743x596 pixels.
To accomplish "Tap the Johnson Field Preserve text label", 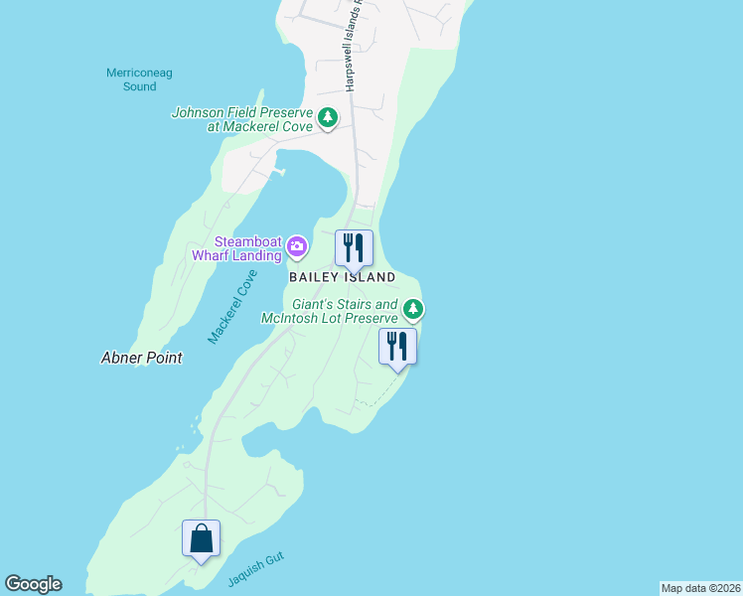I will tap(242, 120).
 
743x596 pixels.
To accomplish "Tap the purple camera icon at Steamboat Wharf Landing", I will tap(296, 245).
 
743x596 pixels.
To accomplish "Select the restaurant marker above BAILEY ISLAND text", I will tap(354, 248).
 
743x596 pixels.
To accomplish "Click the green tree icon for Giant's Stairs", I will tap(413, 310).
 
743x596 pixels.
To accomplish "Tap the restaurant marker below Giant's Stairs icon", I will tap(397, 347).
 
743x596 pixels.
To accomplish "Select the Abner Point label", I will tap(142, 358).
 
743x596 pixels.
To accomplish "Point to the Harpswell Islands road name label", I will tap(354, 50).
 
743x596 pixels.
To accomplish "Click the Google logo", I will tap(33, 584).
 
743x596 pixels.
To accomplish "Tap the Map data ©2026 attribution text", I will tap(700, 588).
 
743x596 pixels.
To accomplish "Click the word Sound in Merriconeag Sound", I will tap(140, 86).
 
